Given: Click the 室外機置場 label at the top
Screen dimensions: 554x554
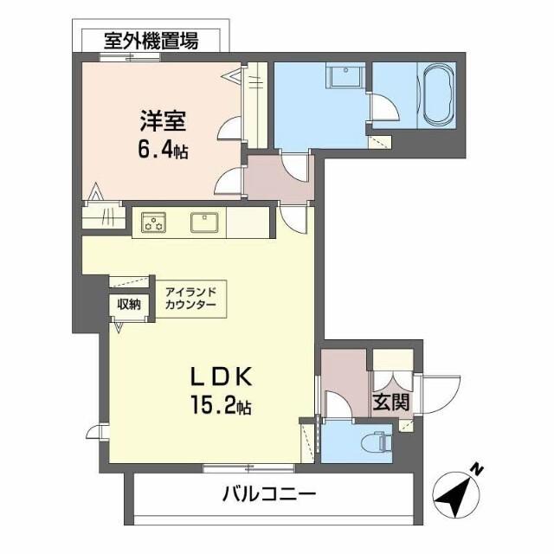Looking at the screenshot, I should (151, 40).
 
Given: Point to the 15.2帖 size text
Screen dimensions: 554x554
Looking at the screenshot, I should (221, 404).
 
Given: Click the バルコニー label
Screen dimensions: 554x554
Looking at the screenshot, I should (269, 495).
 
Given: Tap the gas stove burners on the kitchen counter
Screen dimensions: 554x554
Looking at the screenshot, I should (155, 223).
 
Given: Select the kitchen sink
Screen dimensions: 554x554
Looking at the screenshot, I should (205, 222).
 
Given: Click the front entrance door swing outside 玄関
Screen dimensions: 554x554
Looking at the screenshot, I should (439, 395).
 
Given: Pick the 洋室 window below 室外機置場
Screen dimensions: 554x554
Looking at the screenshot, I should (130, 57).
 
